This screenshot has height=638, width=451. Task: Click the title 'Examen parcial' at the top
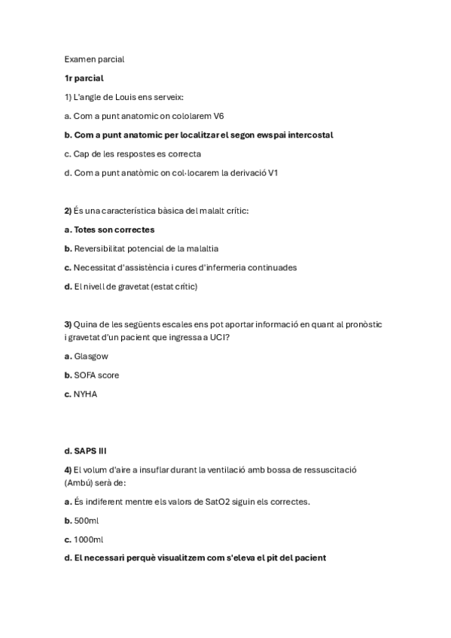(94, 59)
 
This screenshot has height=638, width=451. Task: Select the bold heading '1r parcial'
(84, 77)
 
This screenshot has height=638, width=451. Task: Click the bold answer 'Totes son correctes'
(114, 229)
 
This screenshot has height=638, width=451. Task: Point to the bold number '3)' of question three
(68, 324)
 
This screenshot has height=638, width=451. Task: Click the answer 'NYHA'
(86, 393)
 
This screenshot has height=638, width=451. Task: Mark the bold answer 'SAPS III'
(90, 451)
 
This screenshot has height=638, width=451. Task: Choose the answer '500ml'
(87, 520)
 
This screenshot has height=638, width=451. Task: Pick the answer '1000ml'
(89, 539)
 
